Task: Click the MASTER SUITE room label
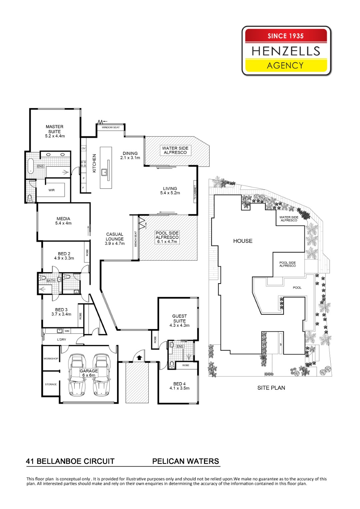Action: [x=55, y=129]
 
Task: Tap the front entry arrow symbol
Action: [x=139, y=357]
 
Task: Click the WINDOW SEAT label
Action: [x=111, y=128]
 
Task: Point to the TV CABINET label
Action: [x=195, y=192]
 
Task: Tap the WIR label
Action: [x=52, y=190]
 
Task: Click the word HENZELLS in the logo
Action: [x=286, y=51]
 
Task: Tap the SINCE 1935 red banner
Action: [x=286, y=36]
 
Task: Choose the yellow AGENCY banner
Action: [x=286, y=66]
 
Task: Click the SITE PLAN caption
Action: [x=271, y=388]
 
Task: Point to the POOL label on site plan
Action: [x=297, y=287]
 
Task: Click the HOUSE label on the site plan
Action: [x=243, y=241]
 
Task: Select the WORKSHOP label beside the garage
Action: [x=51, y=359]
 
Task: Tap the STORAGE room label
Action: [x=51, y=384]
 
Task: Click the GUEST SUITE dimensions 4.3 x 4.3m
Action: [x=179, y=325]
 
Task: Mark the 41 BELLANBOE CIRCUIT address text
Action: [x=70, y=461]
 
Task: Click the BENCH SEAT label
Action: [x=136, y=239]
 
